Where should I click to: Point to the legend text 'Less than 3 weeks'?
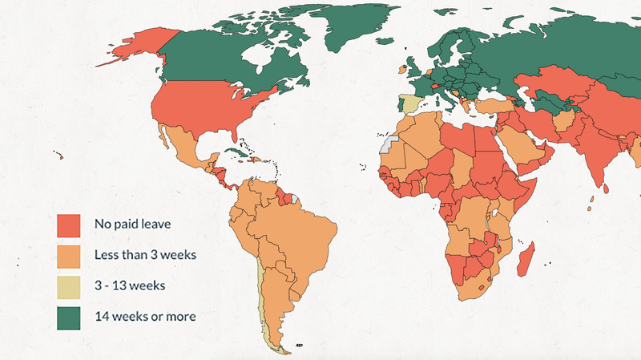point(145,255)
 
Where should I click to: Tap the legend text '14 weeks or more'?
point(144,316)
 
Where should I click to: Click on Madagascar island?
point(526,261)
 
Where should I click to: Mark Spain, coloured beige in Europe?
point(409,105)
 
